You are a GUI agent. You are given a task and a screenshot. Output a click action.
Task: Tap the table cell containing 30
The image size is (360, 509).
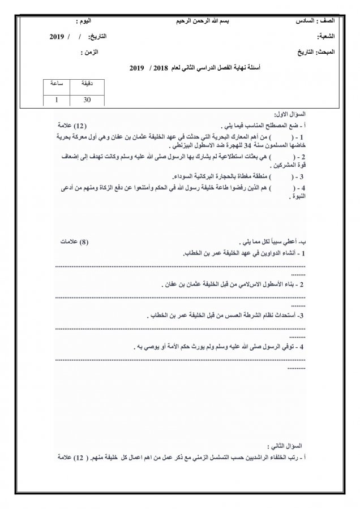(x=87, y=100)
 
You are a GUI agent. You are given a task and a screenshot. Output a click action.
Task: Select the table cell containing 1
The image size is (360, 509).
(x=57, y=100)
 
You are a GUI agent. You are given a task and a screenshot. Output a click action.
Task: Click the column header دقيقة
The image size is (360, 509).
(x=87, y=84)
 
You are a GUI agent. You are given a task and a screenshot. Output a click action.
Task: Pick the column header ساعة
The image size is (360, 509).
(x=57, y=84)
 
